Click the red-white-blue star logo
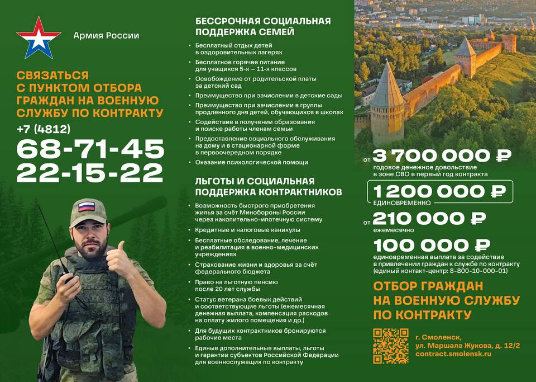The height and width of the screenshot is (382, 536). point(39,37)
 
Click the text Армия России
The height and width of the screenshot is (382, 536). point(106,36)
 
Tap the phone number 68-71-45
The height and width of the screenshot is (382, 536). point(90,149)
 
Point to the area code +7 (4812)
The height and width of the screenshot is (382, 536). point(44,129)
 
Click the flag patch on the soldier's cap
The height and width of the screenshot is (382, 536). point(86,206)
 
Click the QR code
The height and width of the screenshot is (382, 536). point(390,346)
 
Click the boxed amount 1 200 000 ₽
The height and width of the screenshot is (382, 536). point(439,191)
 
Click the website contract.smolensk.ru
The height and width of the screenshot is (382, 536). point(453,355)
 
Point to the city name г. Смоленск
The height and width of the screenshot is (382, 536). point(438,337)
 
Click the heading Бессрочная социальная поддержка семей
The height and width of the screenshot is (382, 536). point(263,26)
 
